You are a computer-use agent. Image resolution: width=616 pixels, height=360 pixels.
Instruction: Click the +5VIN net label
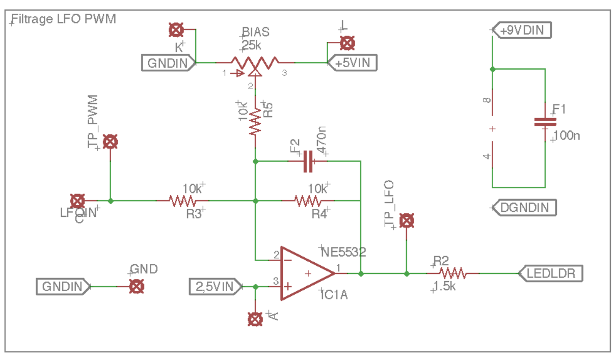click(x=356, y=63)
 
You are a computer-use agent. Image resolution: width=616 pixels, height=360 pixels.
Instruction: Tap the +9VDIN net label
click(x=522, y=31)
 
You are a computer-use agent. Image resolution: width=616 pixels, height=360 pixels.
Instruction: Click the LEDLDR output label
click(x=551, y=273)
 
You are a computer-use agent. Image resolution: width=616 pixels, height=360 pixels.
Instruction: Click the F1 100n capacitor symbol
click(x=545, y=122)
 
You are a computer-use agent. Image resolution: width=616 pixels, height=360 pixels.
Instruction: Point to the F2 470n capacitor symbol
click(x=307, y=161)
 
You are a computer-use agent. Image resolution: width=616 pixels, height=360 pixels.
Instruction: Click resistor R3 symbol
click(x=182, y=201)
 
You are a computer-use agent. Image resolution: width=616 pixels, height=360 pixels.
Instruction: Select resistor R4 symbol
click(x=308, y=201)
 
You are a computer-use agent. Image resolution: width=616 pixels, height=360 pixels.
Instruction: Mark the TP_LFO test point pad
click(x=407, y=221)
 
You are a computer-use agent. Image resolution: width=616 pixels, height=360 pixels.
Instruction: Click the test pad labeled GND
click(x=136, y=287)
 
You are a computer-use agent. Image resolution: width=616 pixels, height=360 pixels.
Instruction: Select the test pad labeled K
click(x=176, y=30)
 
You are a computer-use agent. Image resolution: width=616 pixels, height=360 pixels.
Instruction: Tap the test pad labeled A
click(x=255, y=319)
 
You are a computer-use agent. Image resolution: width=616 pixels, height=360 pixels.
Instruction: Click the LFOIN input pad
click(x=77, y=201)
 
